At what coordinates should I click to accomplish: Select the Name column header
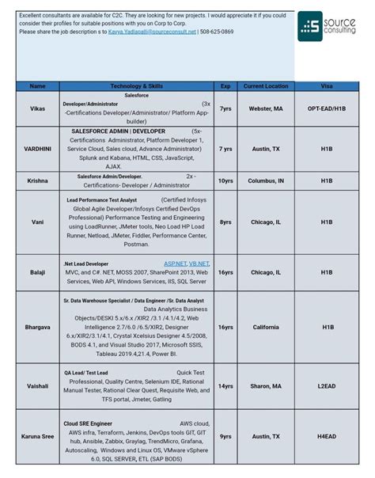38,85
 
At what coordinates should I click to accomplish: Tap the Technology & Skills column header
136,85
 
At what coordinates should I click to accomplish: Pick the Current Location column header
266,85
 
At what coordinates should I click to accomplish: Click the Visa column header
327,85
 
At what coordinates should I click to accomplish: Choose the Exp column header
225,85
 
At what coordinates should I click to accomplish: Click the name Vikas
38,108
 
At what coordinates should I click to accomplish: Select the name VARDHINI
38,148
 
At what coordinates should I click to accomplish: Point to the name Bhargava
38,327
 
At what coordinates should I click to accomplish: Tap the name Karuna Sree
38,436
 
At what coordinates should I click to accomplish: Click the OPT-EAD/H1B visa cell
327,108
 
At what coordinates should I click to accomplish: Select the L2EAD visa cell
327,386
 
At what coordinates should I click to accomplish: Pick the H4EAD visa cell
327,436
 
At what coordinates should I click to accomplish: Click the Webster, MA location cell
266,108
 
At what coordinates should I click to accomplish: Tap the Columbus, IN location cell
266,180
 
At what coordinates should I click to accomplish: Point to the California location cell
266,327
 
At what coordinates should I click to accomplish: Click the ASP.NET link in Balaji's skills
176,263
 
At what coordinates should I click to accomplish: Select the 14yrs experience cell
225,386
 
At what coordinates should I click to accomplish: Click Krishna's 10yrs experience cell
225,180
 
